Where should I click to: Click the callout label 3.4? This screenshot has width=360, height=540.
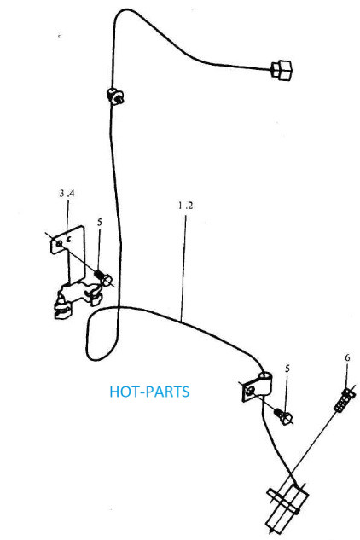pos(67,193)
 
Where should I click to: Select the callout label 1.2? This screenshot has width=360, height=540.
pos(185,206)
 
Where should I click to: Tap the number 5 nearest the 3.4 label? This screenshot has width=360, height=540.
pos(100,222)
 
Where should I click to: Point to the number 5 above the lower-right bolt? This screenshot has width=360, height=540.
pos(287,369)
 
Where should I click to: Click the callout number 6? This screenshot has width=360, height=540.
pos(347,357)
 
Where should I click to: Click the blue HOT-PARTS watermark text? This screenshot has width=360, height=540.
pos(149,392)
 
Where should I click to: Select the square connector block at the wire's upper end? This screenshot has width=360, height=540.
pos(282,70)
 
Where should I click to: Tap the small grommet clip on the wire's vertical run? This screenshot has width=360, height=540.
pos(115,96)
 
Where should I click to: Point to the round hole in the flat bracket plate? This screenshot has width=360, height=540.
pos(59,244)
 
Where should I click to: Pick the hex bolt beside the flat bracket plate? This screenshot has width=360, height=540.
pos(103,277)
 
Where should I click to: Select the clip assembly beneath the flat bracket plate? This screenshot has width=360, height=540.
pos(78,297)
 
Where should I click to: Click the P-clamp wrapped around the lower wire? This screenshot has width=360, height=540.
pos(257,386)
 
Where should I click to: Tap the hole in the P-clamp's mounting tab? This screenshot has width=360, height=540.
pos(250,390)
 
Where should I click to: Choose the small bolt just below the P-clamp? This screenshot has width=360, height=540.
pos(283,415)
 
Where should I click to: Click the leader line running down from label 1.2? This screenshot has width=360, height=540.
pos(183,266)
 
